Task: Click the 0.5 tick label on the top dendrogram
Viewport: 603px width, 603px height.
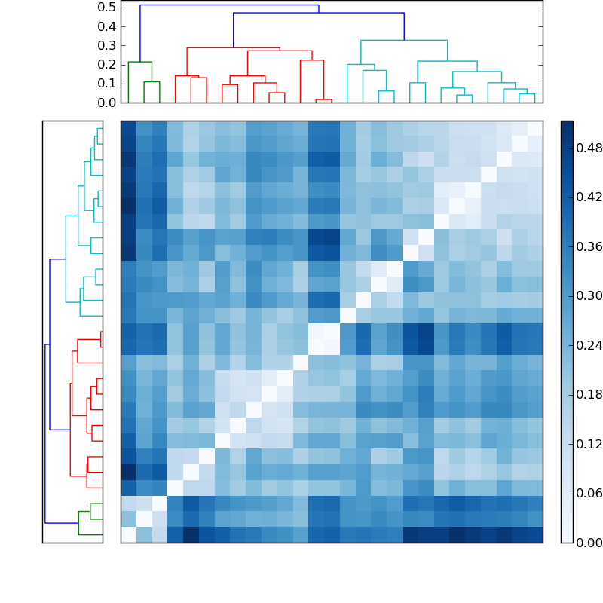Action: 106,8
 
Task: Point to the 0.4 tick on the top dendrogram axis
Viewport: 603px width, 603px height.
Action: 106,26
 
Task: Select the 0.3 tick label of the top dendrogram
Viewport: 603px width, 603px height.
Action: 106,45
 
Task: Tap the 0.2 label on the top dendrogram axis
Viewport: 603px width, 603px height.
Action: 106,64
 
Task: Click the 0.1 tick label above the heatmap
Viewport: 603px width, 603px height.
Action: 106,84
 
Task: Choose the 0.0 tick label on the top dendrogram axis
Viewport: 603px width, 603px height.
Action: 106,103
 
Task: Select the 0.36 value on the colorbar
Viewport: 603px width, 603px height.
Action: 589,247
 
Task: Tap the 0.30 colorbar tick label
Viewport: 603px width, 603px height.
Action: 589,296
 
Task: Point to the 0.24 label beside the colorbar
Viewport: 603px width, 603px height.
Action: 589,345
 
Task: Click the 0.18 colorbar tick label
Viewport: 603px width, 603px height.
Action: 589,395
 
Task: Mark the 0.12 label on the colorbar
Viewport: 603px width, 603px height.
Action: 589,444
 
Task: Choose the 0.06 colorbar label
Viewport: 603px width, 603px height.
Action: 589,494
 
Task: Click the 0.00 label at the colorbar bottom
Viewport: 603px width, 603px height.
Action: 589,543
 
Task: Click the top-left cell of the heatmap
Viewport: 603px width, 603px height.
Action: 128,128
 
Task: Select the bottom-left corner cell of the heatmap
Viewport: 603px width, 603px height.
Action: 128,535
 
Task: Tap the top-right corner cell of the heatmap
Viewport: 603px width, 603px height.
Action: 535,128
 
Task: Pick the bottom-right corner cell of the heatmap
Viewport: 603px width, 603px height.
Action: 535,535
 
